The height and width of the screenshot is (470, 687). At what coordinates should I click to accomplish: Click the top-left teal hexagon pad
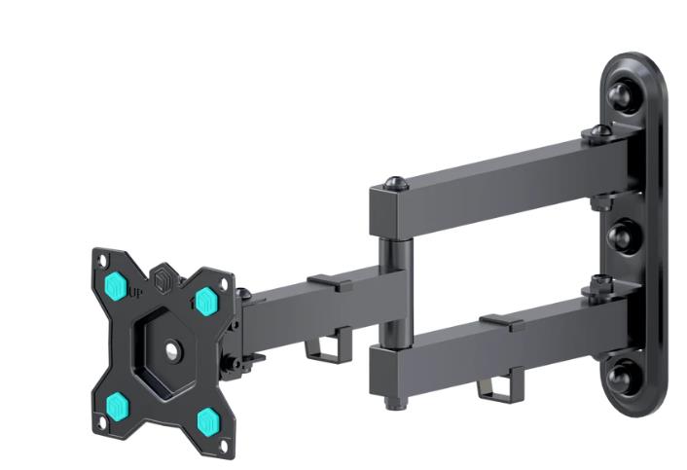117,285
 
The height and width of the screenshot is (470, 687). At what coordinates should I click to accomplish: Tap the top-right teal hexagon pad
205,301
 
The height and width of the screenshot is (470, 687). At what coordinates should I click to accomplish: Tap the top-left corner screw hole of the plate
99,259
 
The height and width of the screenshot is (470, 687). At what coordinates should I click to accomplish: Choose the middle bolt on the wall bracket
619,234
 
